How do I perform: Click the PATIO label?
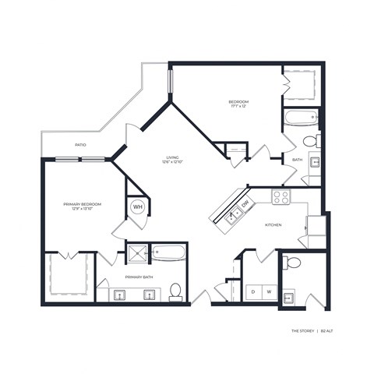click(x=79, y=144)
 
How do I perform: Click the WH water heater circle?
click(x=137, y=206)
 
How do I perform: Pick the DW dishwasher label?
click(x=245, y=204)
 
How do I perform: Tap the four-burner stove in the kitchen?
click(x=280, y=196)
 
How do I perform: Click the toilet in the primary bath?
click(x=176, y=291)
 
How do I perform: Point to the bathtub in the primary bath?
click(x=169, y=252)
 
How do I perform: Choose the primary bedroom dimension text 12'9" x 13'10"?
click(x=83, y=210)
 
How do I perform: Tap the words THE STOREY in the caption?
click(x=303, y=331)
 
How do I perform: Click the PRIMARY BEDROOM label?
click(x=83, y=203)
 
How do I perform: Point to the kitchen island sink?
click(x=232, y=214)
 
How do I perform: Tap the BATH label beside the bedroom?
click(x=297, y=160)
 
